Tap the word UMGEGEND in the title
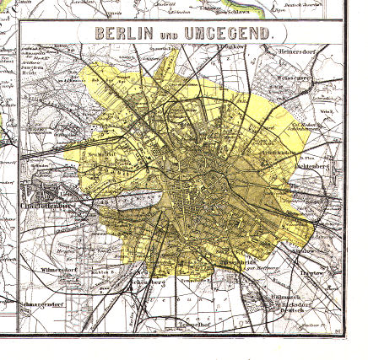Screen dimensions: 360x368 point(227,35)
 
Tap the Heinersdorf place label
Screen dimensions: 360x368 point(299,49)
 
